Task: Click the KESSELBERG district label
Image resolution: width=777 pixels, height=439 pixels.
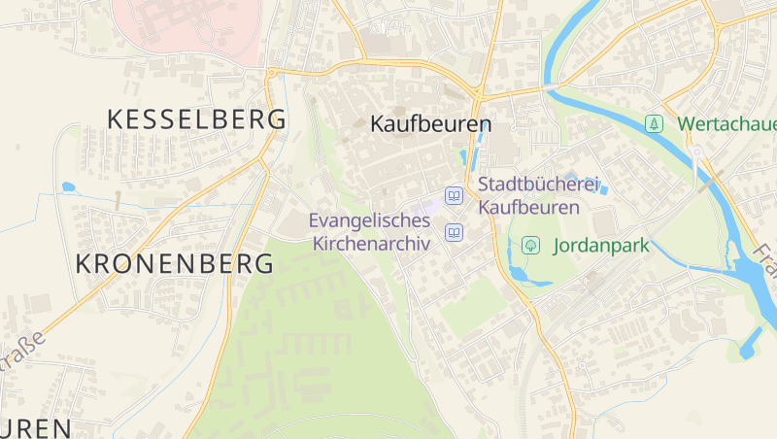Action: tap(196, 119)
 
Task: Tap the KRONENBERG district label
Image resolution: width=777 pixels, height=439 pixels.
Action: tap(174, 263)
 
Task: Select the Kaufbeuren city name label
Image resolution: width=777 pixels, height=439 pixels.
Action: tap(431, 124)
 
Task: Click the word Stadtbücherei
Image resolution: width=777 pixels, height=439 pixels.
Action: tap(540, 184)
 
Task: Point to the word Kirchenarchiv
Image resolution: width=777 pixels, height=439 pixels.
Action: tap(371, 243)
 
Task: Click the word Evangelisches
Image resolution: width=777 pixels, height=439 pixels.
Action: tap(369, 220)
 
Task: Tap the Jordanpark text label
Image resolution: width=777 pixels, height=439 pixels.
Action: tap(600, 246)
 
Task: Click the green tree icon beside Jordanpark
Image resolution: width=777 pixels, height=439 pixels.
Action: tap(530, 245)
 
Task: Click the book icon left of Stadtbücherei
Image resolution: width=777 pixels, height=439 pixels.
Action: tap(454, 196)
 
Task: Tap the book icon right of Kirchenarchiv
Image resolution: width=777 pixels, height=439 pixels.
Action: tap(454, 232)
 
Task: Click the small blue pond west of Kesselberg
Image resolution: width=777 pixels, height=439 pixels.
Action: tap(68, 186)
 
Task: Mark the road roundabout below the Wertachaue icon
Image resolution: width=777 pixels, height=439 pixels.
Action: tap(696, 152)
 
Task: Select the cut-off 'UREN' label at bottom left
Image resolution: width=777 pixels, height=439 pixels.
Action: tap(35, 428)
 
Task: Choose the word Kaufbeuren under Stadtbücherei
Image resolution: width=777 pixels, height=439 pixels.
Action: tap(528, 207)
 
